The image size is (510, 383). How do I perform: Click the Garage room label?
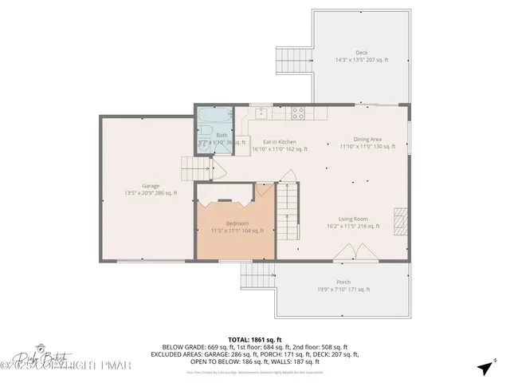pyautogui.click(x=151, y=188)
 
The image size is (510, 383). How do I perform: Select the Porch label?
pyautogui.click(x=343, y=286)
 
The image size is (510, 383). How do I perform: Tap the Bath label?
pyautogui.click(x=222, y=136)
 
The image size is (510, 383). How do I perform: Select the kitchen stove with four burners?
pyautogui.click(x=298, y=113)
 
